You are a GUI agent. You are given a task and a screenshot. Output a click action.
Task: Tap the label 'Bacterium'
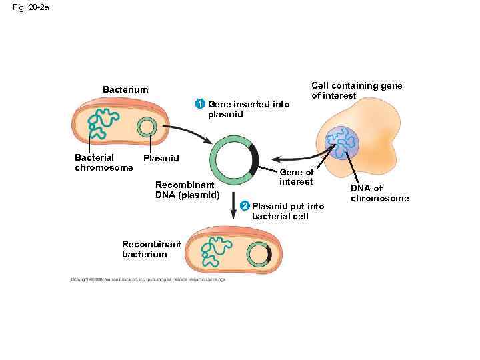tap(125, 89)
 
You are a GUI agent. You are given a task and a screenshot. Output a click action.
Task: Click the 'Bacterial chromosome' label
tap(103, 163)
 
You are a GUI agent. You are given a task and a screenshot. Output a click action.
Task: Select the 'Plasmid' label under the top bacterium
tap(161, 158)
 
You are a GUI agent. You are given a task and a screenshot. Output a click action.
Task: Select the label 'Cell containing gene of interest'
tap(357, 90)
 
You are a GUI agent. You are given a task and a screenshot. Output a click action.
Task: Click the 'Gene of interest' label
tap(296, 177)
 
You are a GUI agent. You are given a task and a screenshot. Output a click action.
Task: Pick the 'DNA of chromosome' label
tap(379, 193)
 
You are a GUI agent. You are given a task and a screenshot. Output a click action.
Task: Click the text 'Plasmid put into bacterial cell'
tap(287, 211)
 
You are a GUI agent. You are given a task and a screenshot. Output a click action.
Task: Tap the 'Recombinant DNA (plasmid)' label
tap(187, 189)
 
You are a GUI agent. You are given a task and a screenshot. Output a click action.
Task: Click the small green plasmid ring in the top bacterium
tap(146, 127)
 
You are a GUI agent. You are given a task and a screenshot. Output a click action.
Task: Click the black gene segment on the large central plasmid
tap(253, 159)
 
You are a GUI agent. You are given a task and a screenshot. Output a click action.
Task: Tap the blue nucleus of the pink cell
tap(343, 143)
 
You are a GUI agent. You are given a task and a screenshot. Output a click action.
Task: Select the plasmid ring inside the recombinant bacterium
tap(258, 255)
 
